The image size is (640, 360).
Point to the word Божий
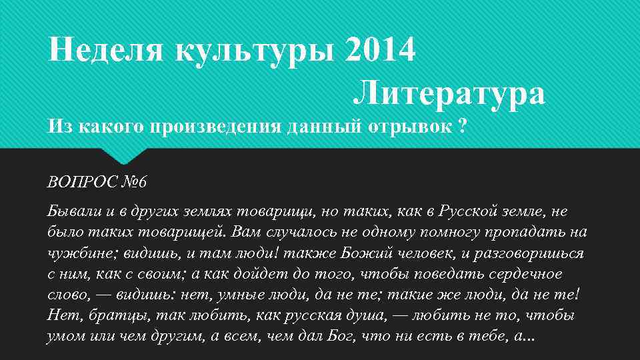pyautogui.click(x=365, y=254)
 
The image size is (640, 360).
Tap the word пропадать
pyautogui.click(x=526, y=233)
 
